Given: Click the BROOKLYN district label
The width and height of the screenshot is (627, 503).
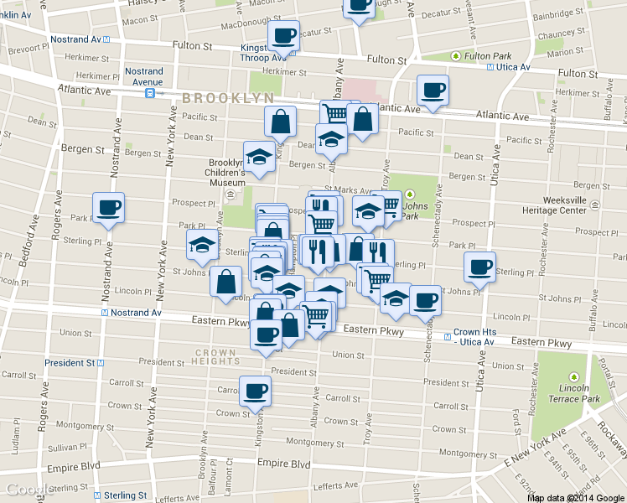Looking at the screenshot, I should coord(228,98).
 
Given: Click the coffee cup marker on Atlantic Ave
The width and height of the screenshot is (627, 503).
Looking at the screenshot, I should coord(433,91).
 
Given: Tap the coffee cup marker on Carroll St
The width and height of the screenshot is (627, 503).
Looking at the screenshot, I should coord(256,391).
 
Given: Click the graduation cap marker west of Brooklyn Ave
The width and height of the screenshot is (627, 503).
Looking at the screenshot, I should coord(201,245).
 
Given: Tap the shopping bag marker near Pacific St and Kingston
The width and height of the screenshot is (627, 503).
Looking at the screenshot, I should coord(280,121).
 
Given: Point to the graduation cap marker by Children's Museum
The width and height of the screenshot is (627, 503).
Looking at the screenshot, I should coord(259,157).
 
